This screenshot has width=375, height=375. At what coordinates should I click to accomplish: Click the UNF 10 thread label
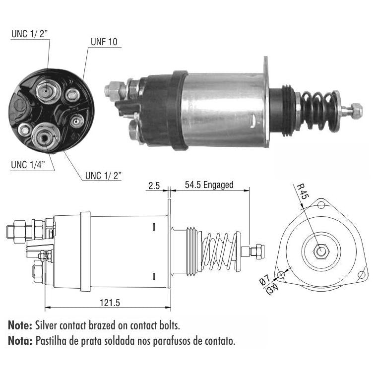coord(104,42)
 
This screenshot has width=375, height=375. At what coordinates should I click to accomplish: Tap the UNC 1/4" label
coord(28,165)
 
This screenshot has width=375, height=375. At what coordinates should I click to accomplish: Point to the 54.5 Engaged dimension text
coord(209,185)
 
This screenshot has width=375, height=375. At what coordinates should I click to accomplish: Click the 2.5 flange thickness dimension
coord(154,186)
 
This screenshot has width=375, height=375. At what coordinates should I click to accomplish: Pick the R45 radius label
coord(303,191)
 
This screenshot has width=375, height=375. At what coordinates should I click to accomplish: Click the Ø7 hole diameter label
coord(265,280)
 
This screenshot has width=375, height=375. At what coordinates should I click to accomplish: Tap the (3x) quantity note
coord(272,289)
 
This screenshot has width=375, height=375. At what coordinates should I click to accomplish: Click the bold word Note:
coord(20,325)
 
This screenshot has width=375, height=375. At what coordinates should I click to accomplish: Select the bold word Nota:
coord(20,341)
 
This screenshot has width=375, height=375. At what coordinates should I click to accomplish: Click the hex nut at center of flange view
coord(321,251)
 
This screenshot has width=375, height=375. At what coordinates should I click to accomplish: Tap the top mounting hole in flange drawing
coord(321,205)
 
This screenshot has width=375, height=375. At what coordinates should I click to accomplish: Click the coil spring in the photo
coord(320,112)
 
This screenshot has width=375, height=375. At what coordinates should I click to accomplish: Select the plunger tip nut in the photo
coord(356,110)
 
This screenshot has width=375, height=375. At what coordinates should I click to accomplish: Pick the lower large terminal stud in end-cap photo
coord(45,137)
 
